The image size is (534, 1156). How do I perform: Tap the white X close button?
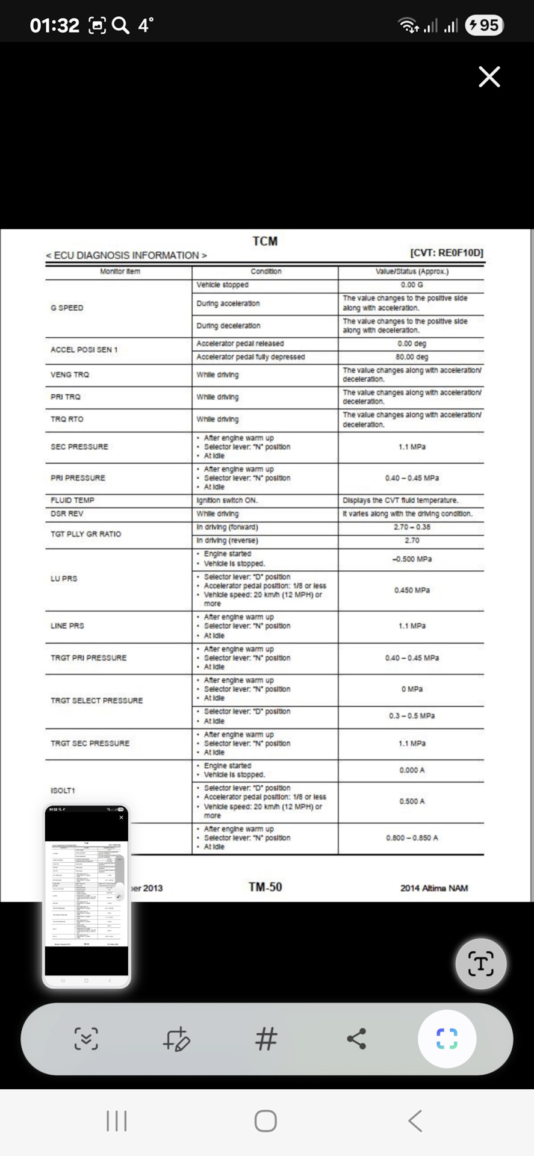[x=489, y=77]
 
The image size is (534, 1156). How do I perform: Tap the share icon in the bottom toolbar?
[x=356, y=1039]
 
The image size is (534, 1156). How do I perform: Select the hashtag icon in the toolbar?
[x=266, y=1039]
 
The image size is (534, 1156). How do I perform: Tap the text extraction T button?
[x=480, y=963]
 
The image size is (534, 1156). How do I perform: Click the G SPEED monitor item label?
[x=67, y=308]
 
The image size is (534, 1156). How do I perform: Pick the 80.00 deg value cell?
[x=412, y=357]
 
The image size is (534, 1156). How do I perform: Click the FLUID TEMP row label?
[x=72, y=500]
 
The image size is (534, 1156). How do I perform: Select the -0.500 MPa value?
[x=412, y=559]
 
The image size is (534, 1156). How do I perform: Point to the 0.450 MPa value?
[x=412, y=590]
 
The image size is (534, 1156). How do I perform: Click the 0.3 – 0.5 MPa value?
[x=412, y=716]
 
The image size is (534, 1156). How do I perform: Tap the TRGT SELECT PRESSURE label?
[x=96, y=701]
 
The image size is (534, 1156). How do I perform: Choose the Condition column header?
[x=265, y=272]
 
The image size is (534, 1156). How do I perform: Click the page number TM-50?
[x=265, y=887]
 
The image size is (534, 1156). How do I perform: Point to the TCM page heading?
[x=265, y=241]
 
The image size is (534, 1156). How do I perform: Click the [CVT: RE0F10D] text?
[x=447, y=253]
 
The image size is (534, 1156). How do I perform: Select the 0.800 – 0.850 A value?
[x=412, y=838]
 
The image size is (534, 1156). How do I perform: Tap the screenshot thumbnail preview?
[x=87, y=896]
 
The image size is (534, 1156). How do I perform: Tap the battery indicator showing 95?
[x=485, y=25]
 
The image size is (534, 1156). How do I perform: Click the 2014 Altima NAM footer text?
[x=433, y=888]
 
